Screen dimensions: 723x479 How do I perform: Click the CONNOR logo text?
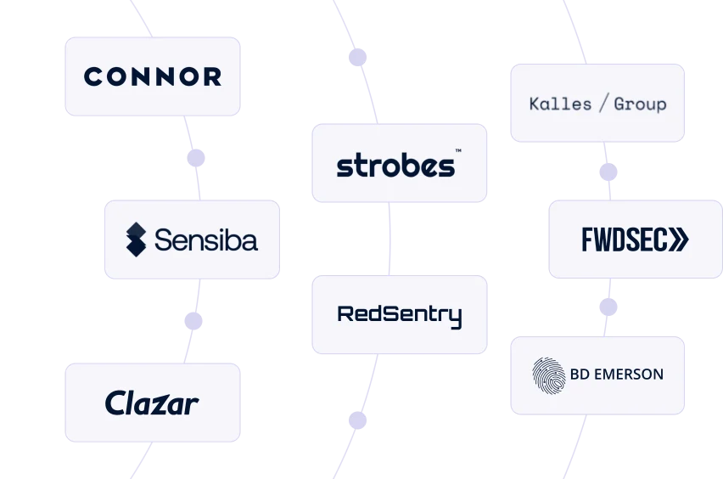tap(153, 76)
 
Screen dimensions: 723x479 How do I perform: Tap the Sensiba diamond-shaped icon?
tap(136, 239)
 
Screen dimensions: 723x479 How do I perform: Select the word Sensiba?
tap(205, 239)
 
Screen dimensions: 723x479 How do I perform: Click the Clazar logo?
tap(152, 403)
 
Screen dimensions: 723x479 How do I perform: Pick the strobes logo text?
tap(395, 165)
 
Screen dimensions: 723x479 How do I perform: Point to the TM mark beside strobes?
tap(458, 151)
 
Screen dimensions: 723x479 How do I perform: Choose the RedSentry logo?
tap(400, 315)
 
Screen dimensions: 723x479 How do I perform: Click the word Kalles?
tap(560, 104)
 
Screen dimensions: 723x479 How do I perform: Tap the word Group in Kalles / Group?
tap(640, 104)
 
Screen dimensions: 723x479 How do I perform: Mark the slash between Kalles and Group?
tap(603, 104)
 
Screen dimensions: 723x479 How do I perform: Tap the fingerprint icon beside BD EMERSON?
tap(548, 375)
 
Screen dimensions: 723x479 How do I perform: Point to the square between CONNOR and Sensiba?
tap(197, 157)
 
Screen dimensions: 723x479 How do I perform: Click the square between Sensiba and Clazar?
tap(193, 323)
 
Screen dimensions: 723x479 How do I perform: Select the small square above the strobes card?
tap(356, 58)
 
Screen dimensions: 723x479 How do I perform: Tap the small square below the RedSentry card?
tap(356, 420)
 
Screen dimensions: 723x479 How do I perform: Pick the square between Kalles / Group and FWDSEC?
tap(608, 172)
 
